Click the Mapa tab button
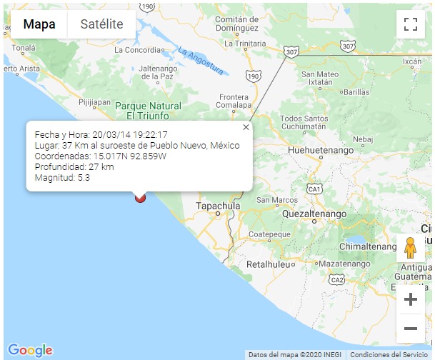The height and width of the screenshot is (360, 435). click(x=40, y=24)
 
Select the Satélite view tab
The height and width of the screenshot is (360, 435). click(x=101, y=24)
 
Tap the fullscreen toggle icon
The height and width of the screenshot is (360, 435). click(x=410, y=24)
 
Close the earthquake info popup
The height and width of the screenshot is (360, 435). click(x=246, y=127)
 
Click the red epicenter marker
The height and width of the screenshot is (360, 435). click(x=140, y=196)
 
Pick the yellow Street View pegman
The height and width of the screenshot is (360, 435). click(x=410, y=247)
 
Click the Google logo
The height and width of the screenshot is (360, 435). click(x=30, y=350)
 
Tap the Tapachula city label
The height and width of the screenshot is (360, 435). click(x=218, y=206)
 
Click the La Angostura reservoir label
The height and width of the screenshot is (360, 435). click(x=201, y=61)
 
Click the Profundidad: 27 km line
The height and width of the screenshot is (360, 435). click(x=74, y=166)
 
